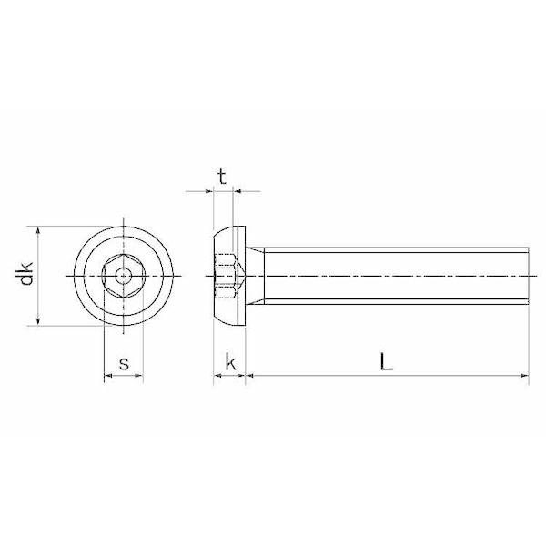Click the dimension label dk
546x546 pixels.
click(x=26, y=273)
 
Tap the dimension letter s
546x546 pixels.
click(x=124, y=363)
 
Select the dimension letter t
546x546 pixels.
click(x=222, y=177)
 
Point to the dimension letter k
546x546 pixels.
click(x=230, y=362)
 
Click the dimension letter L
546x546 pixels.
click(x=386, y=362)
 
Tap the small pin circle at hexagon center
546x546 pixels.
click(x=123, y=276)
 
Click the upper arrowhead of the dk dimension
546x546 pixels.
click(x=38, y=230)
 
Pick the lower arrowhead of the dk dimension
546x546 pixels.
click(x=38, y=321)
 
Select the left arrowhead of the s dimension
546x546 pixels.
click(x=108, y=376)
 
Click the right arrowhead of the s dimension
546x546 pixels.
click(x=139, y=376)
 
